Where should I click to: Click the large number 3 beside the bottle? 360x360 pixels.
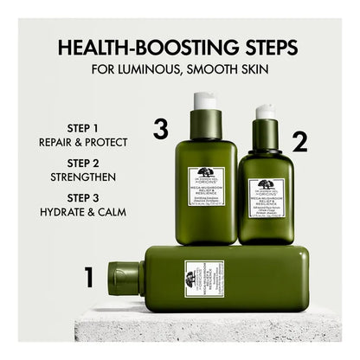160,130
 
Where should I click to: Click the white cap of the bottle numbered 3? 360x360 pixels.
204,100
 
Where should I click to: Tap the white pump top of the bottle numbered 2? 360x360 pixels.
265,112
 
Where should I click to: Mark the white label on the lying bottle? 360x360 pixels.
203,279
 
